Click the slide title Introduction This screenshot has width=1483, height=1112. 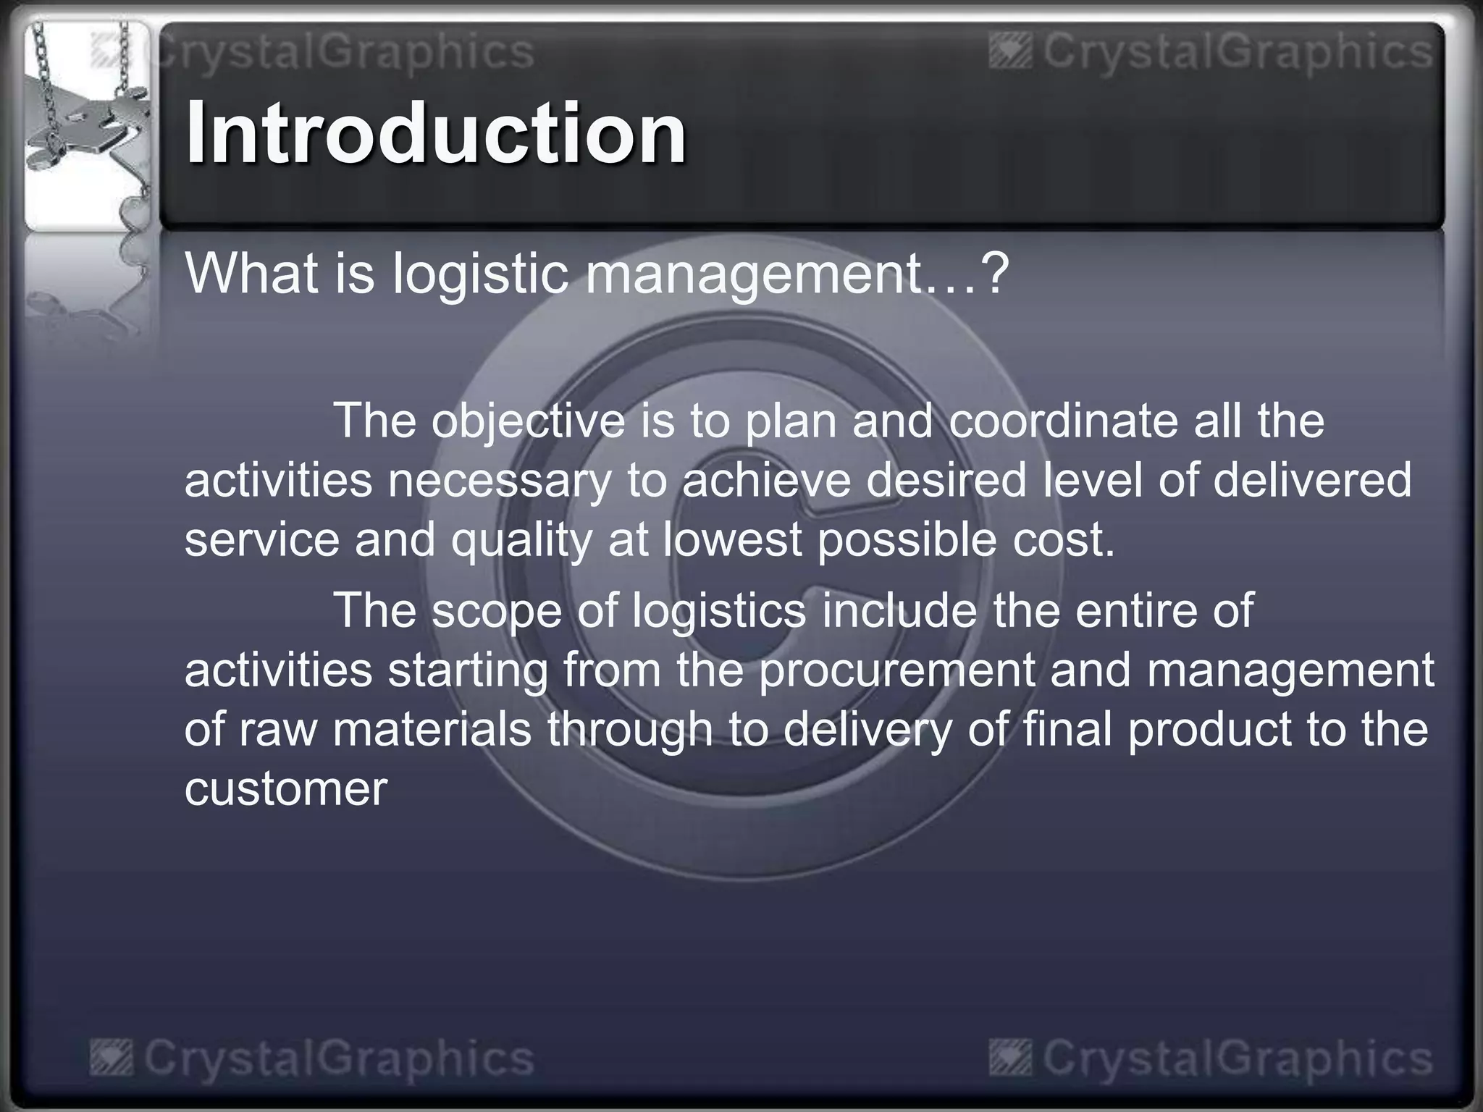click(x=435, y=133)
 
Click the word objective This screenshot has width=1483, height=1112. click(x=528, y=421)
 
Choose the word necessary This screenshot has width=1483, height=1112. click(x=500, y=481)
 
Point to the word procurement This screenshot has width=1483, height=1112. click(x=897, y=670)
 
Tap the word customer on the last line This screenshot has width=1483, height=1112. click(x=286, y=788)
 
